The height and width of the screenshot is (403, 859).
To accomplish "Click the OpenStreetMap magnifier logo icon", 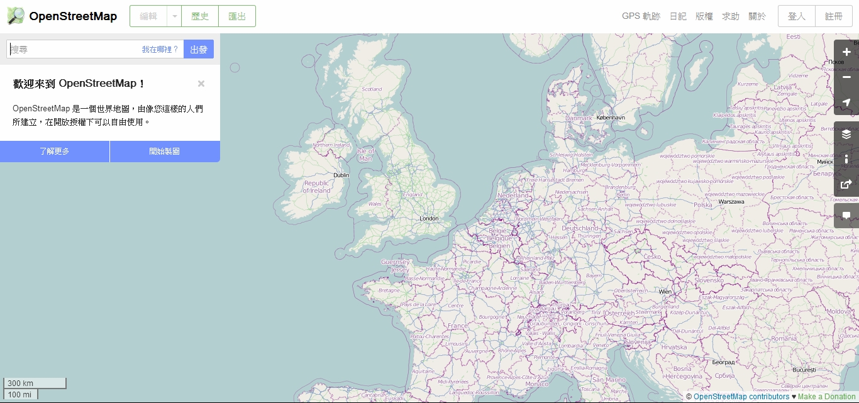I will coord(16,16).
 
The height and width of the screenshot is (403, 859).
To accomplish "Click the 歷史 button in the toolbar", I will coord(200,16).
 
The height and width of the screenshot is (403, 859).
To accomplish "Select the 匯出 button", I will coord(237,16).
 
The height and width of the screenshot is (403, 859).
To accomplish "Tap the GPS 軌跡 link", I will coord(641,16).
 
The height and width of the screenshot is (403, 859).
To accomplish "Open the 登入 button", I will coord(796,16).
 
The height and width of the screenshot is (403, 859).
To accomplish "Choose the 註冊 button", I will coord(833,16).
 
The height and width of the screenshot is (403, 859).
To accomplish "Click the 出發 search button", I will coord(199,49).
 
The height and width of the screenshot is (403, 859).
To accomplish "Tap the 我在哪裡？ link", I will coord(160,49).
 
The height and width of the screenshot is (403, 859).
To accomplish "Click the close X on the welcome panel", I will coord(201,84).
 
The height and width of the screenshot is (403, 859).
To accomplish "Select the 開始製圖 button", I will coord(165,152).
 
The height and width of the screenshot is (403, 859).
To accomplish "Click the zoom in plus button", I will coord(846,52).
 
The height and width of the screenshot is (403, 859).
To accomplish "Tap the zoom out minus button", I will coord(846,77).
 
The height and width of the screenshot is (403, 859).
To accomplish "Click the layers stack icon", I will coord(846,134).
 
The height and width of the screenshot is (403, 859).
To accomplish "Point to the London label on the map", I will coord(429,219).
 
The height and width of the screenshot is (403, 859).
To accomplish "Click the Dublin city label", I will coord(341,175).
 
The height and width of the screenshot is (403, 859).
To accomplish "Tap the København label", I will coord(611,118).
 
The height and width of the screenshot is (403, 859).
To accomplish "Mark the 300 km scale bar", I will coord(35,384).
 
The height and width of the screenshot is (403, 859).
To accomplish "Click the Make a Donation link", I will coord(826,397).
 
